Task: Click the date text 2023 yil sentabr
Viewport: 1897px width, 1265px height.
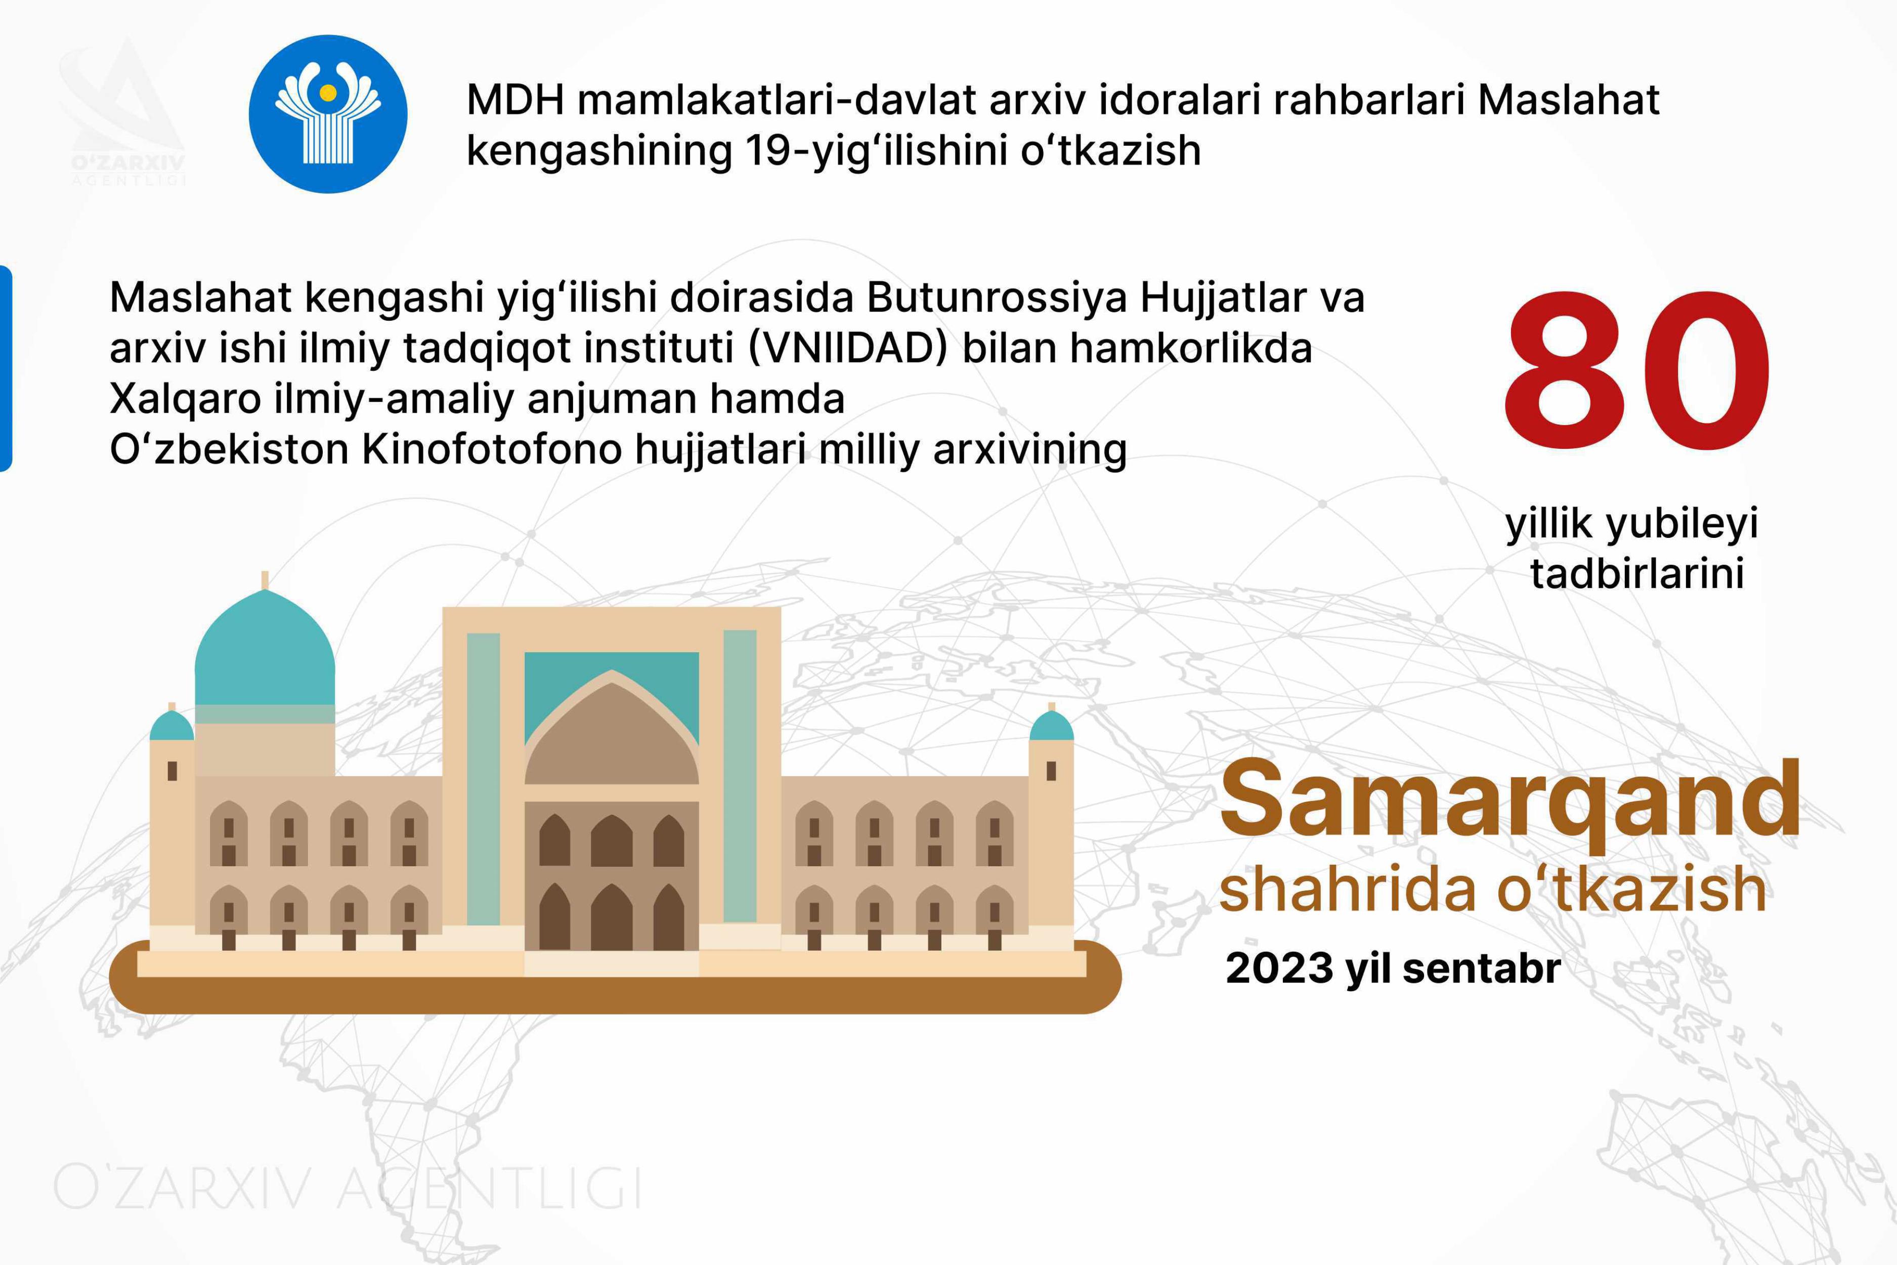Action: click(x=1393, y=968)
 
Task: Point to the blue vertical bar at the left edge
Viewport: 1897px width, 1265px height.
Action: click(x=6, y=368)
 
